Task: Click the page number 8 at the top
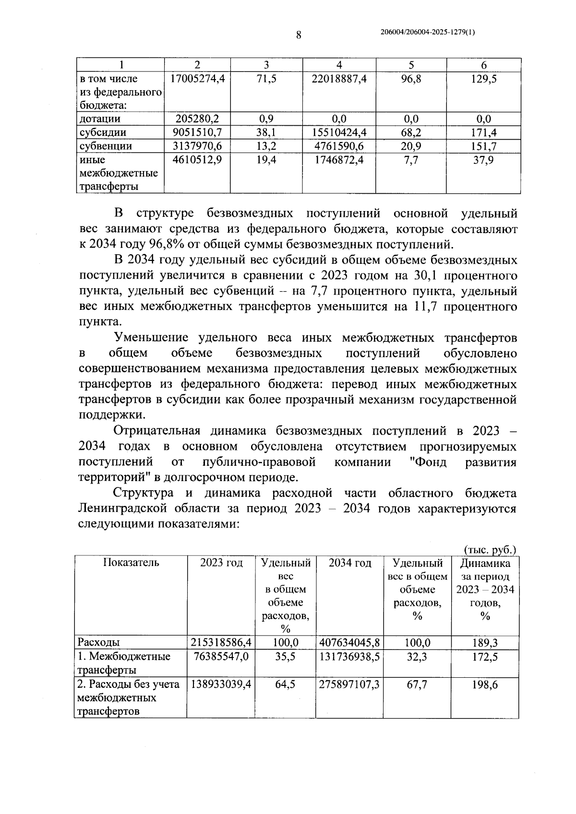298,35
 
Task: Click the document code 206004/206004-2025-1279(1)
427,32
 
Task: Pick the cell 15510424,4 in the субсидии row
339,132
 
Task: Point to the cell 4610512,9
197,160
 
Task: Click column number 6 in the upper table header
483,65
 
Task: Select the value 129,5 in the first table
483,79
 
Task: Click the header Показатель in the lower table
131,563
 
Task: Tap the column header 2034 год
350,563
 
